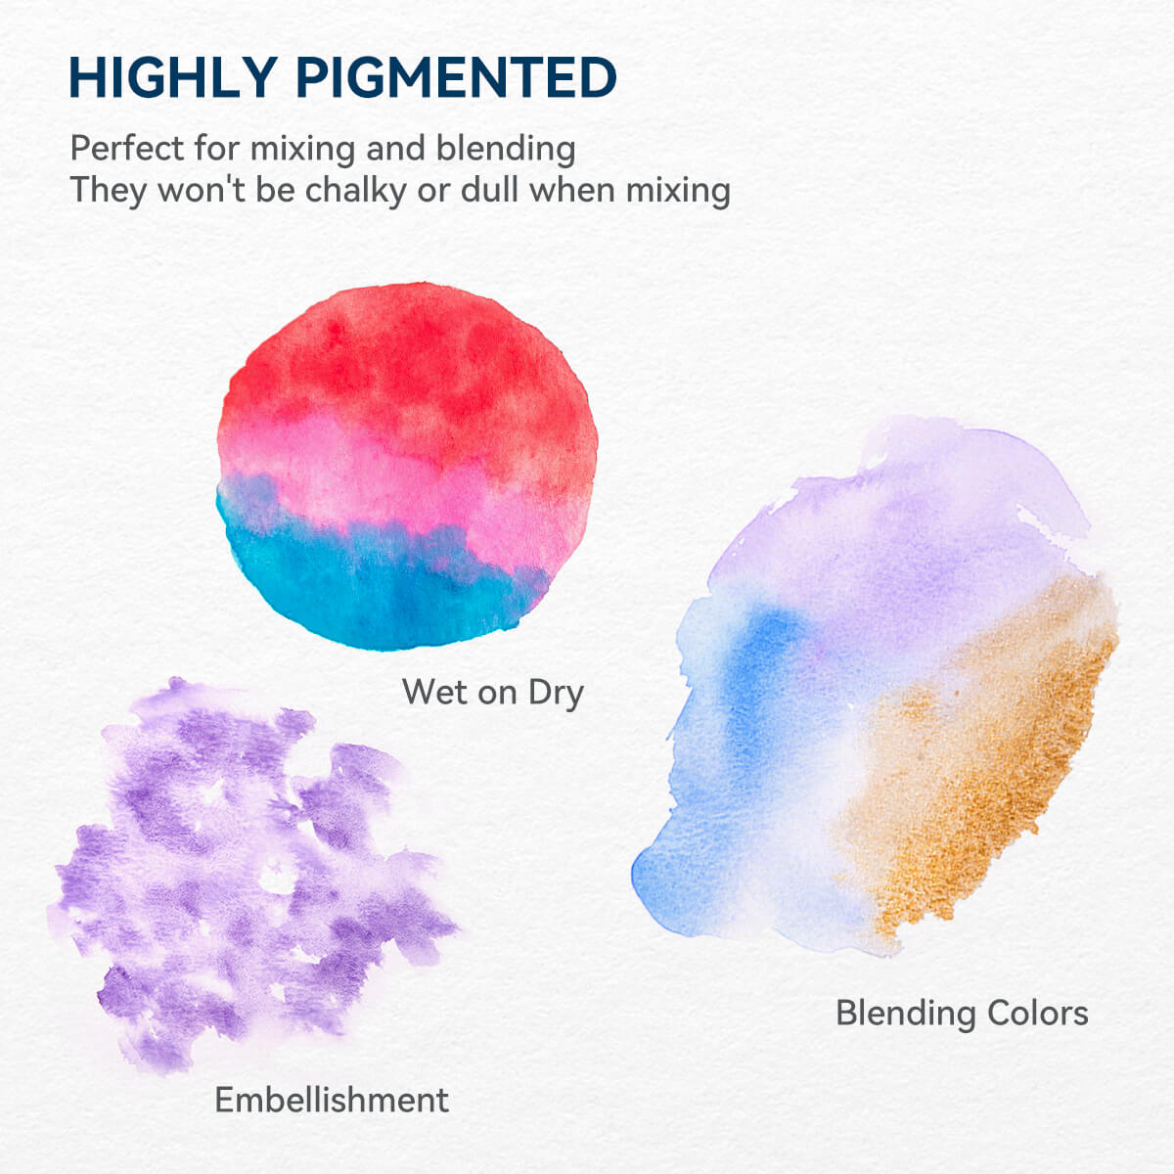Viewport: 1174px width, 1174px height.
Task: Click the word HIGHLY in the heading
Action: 172,78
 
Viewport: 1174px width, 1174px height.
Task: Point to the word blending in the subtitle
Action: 506,150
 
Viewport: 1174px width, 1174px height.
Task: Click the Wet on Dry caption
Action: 493,692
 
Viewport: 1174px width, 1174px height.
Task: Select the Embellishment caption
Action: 332,1100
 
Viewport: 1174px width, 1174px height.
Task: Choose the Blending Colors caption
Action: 962,1013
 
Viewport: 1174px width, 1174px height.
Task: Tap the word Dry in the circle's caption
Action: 556,692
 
